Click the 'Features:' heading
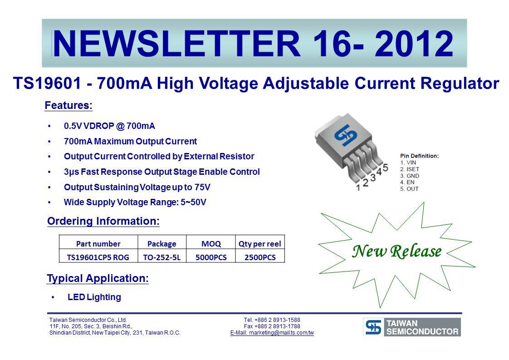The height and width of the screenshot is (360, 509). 69,106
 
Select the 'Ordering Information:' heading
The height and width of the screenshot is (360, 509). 103,221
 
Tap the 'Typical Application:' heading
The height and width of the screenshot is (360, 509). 98,278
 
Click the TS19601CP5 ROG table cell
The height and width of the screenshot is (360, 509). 98,257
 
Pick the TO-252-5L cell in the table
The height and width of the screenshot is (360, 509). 162,257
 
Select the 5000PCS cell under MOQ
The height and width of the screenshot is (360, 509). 211,257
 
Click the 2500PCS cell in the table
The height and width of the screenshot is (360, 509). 260,257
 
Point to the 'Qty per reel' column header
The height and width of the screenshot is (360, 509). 259,244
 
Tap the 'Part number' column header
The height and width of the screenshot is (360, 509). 98,244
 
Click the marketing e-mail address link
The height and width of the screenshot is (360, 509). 272,333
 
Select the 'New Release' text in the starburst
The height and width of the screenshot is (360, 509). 397,251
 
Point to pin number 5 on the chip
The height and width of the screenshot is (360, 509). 385,168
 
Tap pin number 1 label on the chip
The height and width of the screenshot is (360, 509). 358,188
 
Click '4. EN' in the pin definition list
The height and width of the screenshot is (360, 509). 407,182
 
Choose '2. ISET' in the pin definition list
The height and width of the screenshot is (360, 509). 410,169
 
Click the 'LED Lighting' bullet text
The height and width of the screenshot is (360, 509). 94,297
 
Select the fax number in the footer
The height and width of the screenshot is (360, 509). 272,326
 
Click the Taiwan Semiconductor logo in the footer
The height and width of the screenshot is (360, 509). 412,327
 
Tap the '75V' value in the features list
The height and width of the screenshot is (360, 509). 203,187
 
